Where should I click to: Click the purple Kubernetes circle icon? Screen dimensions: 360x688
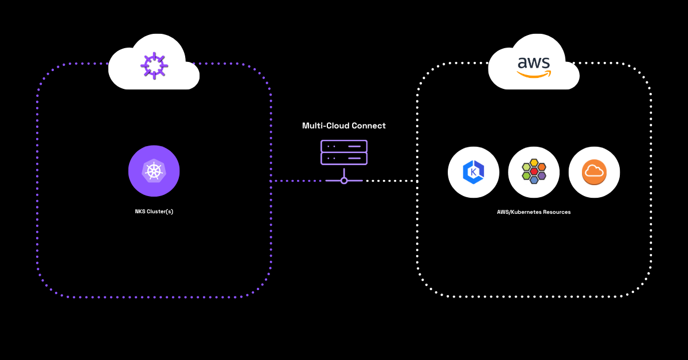click(154, 171)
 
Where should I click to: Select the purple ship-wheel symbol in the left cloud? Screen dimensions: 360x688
click(154, 65)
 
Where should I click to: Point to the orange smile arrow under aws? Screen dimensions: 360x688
click(534, 74)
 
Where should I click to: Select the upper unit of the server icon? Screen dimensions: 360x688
click(343, 146)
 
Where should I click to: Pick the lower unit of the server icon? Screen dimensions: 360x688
click(343, 158)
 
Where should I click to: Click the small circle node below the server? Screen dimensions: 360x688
click(344, 181)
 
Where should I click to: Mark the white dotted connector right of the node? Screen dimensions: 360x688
click(390, 181)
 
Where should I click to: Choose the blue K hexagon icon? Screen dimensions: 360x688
click(474, 172)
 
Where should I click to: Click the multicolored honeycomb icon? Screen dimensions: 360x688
click(534, 172)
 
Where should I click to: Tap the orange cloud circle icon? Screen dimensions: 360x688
click(594, 172)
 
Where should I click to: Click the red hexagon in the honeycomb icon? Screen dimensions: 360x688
click(534, 171)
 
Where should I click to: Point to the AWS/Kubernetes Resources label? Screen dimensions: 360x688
click(533, 212)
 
